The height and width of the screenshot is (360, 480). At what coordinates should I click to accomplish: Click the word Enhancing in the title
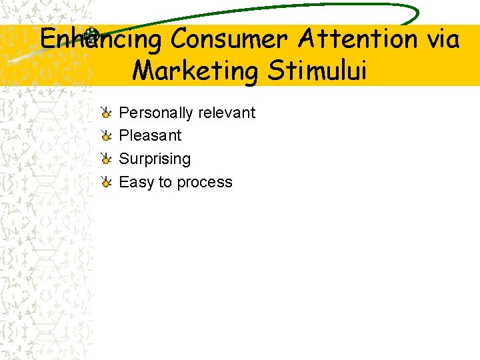101,39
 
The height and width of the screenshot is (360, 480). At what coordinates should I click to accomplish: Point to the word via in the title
442,39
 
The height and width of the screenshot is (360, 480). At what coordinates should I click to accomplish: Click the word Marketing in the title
197,70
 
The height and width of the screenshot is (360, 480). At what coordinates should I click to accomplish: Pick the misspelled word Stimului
317,69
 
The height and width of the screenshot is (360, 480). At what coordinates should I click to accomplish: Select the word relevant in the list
226,112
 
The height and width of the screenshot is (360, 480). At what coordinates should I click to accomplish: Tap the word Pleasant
150,135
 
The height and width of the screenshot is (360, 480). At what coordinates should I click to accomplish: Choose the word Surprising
155,159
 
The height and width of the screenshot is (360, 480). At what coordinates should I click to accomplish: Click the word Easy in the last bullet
136,182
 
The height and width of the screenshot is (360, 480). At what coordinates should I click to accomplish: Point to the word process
203,183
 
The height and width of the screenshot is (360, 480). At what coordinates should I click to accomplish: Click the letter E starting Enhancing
48,39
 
